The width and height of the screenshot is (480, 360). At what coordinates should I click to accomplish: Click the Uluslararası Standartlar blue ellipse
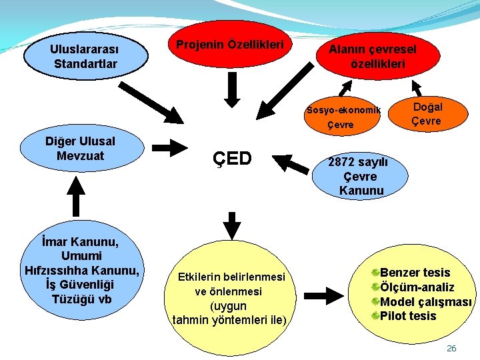click(84, 56)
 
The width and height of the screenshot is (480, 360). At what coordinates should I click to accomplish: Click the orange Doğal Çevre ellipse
click(426, 113)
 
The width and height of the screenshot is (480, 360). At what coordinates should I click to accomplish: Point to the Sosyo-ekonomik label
click(343, 110)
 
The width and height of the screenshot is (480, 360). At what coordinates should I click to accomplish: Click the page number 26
click(451, 349)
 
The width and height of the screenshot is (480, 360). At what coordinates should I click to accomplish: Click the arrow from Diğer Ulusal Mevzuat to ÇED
click(170, 147)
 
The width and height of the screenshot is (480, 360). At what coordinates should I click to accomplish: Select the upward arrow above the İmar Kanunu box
click(79, 197)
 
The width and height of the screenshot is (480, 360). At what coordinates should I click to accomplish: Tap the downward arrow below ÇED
click(231, 225)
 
